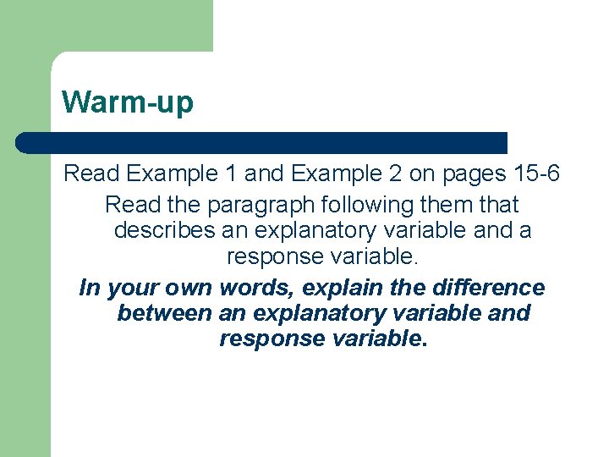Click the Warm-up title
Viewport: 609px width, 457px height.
coord(128,102)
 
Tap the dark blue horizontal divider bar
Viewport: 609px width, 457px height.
coord(261,143)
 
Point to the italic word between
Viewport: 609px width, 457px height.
coord(164,313)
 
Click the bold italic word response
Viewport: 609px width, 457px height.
coord(270,339)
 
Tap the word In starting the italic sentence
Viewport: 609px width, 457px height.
coord(88,288)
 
